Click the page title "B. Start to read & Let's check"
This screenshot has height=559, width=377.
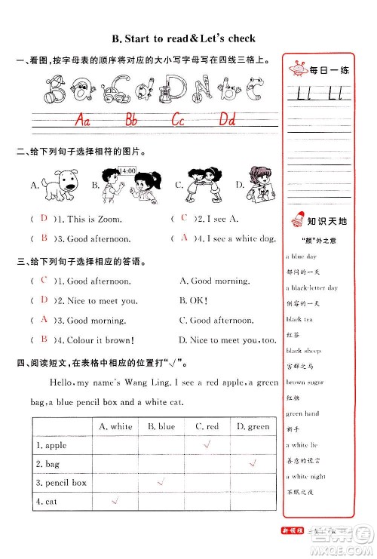click(182, 37)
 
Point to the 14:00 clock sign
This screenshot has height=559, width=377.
click(127, 171)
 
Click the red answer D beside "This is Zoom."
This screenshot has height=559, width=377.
click(44, 219)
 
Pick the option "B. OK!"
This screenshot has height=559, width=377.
click(198, 300)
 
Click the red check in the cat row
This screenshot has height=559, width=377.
click(115, 500)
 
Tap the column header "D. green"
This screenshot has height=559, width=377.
click(253, 426)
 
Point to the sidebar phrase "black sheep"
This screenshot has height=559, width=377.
click(302, 351)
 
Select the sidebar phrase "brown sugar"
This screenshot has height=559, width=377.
click(305, 382)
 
